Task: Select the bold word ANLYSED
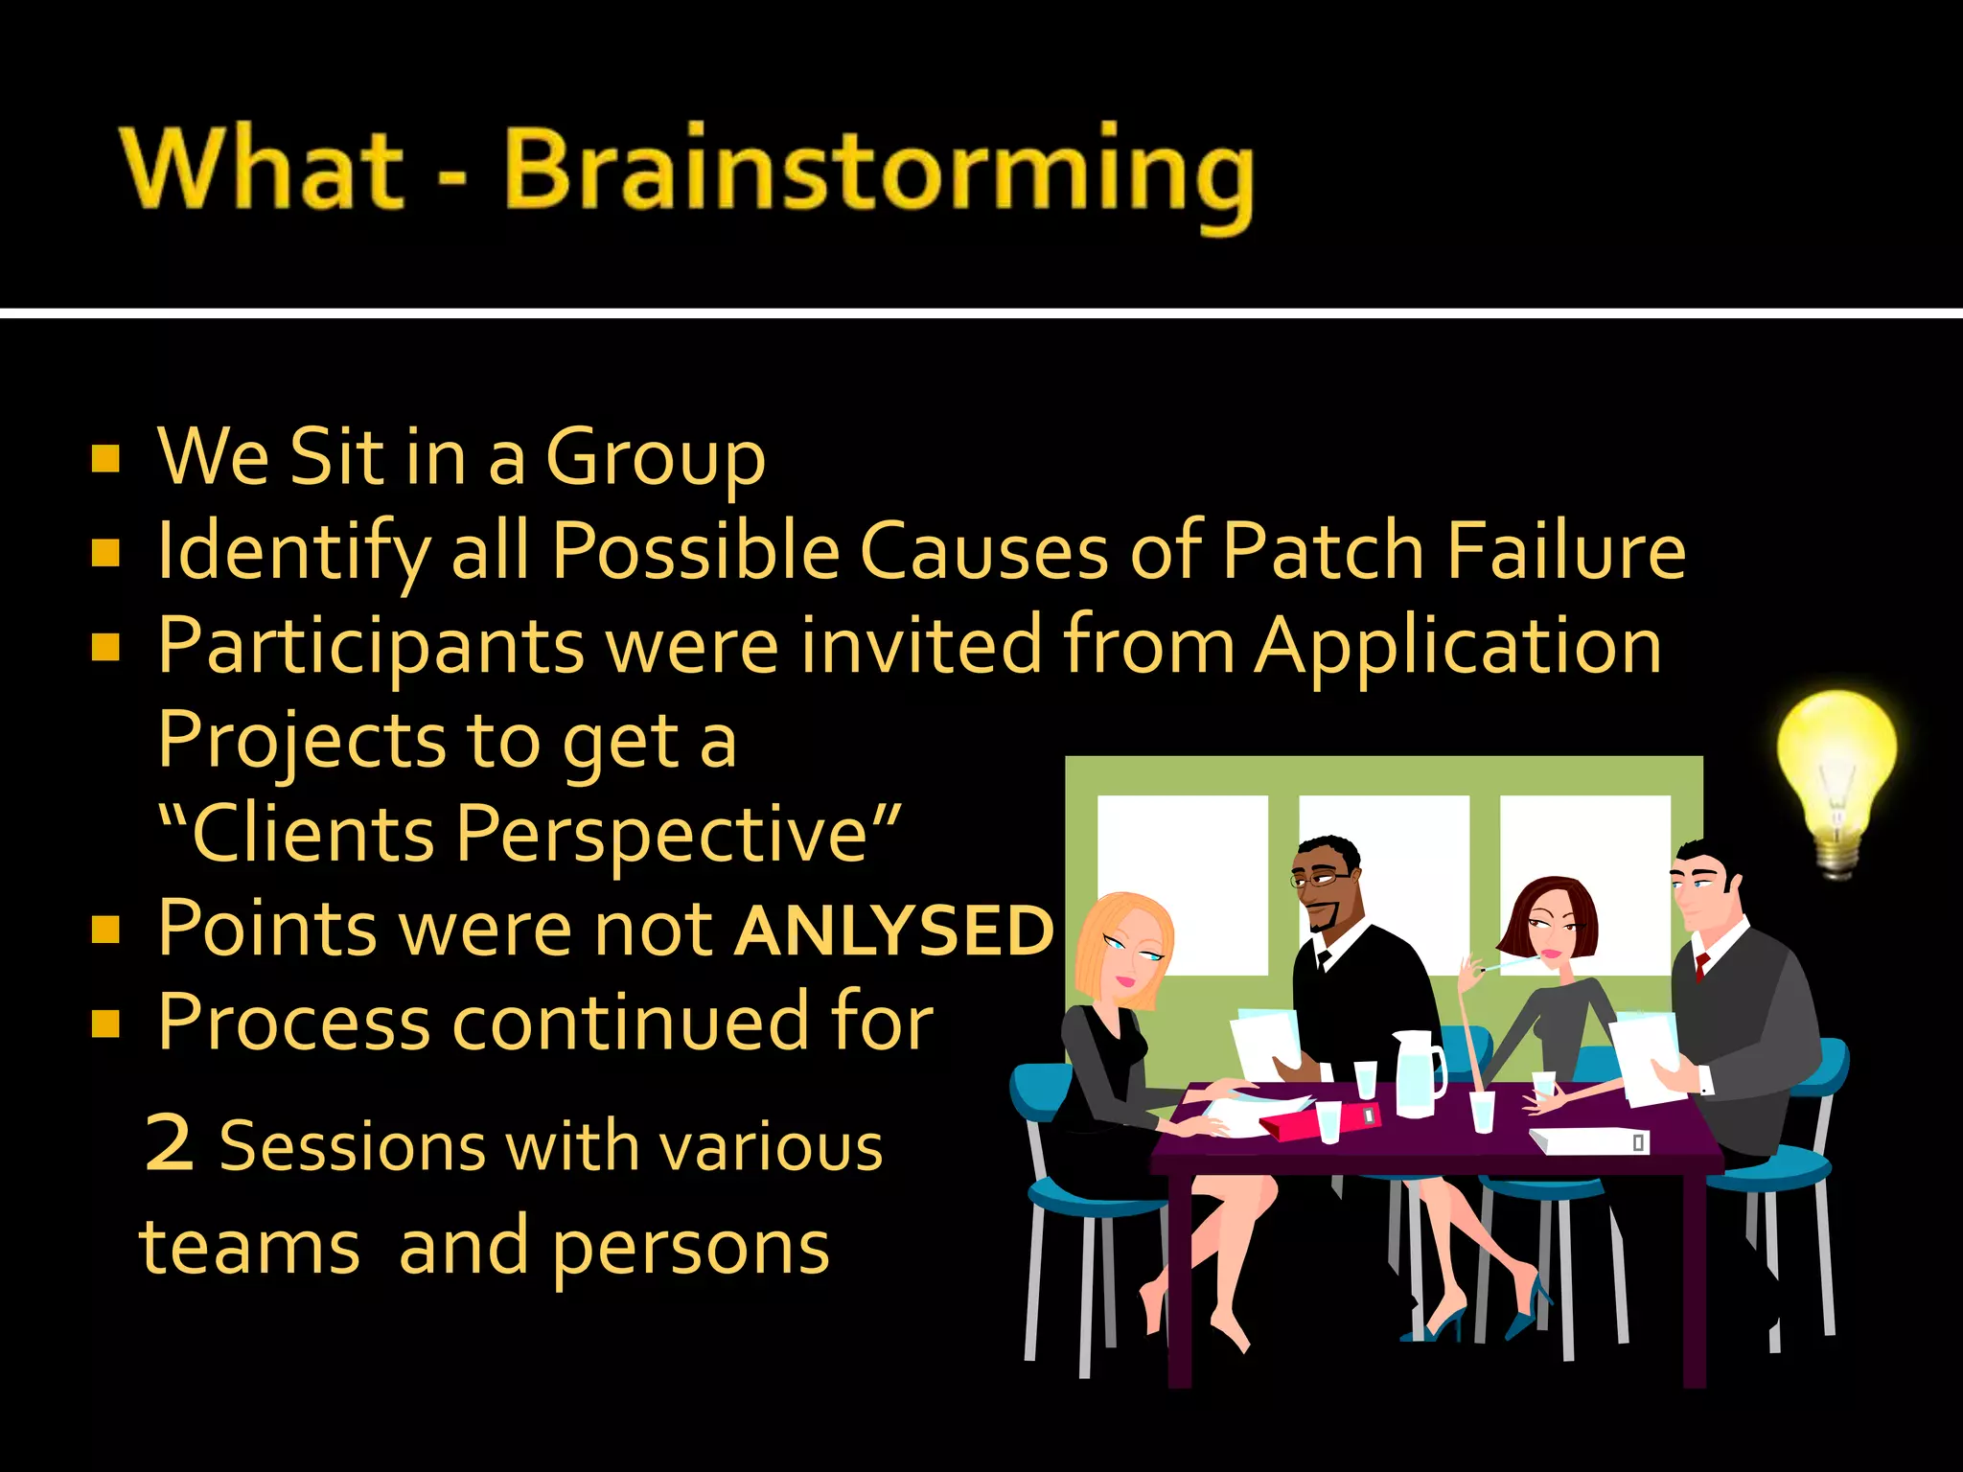893,931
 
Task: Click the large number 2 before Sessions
171,1142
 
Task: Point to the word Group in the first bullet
656,458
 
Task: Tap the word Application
1458,647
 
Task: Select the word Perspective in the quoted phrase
661,833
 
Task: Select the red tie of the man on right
1701,965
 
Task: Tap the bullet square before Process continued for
105,1023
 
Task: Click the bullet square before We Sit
105,459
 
